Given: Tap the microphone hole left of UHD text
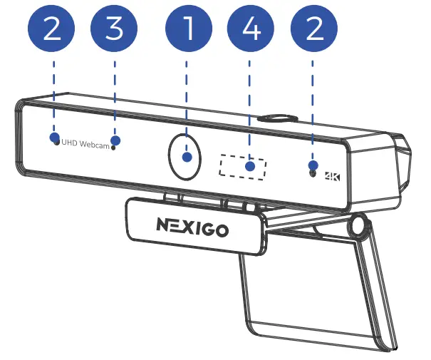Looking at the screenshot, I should click(x=56, y=143).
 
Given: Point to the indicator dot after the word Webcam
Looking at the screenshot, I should click(x=113, y=148).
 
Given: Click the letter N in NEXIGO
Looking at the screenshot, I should click(x=163, y=225).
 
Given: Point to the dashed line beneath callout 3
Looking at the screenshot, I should click(x=115, y=96).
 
